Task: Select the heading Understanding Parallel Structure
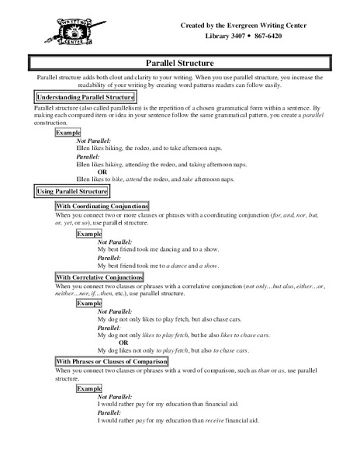pos(74,96)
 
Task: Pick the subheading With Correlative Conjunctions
pos(99,276)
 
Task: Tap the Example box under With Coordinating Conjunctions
pos(89,233)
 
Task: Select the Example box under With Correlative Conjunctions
pos(89,304)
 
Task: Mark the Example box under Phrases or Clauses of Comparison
pos(89,387)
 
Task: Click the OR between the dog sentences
pos(123,343)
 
